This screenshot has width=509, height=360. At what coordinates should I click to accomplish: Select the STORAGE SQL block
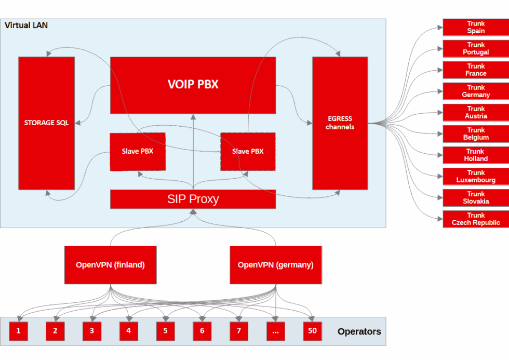pos(46,123)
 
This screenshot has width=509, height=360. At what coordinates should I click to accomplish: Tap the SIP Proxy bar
pos(193,199)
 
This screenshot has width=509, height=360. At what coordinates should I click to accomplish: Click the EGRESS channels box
pos(340,123)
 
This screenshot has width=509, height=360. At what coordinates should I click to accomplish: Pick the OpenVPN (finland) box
pos(110,265)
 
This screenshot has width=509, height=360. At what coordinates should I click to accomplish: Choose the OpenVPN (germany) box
pos(275,265)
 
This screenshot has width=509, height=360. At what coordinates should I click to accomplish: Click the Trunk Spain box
pos(475,28)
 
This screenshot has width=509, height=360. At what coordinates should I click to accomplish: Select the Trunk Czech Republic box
pos(475,219)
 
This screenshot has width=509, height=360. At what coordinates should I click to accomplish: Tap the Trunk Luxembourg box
pos(475,177)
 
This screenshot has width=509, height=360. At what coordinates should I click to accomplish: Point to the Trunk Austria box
pos(475,113)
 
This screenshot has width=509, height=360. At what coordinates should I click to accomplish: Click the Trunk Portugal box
pos(475,49)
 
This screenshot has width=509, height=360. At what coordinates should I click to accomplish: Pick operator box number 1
pos(18,331)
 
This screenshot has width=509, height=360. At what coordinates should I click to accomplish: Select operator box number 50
pos(312,331)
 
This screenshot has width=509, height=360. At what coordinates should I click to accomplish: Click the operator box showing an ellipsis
pos(275,331)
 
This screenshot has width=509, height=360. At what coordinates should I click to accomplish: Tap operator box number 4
pos(128,331)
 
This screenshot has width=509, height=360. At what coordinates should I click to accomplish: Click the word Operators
pos(359,331)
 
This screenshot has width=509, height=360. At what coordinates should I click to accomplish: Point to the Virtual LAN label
pos(26,25)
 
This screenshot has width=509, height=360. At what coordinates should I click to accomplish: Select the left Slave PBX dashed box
pos(138,152)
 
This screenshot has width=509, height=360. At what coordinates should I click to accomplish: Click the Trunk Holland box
pos(475,155)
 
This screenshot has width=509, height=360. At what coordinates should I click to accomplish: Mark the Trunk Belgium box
pos(475,134)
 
